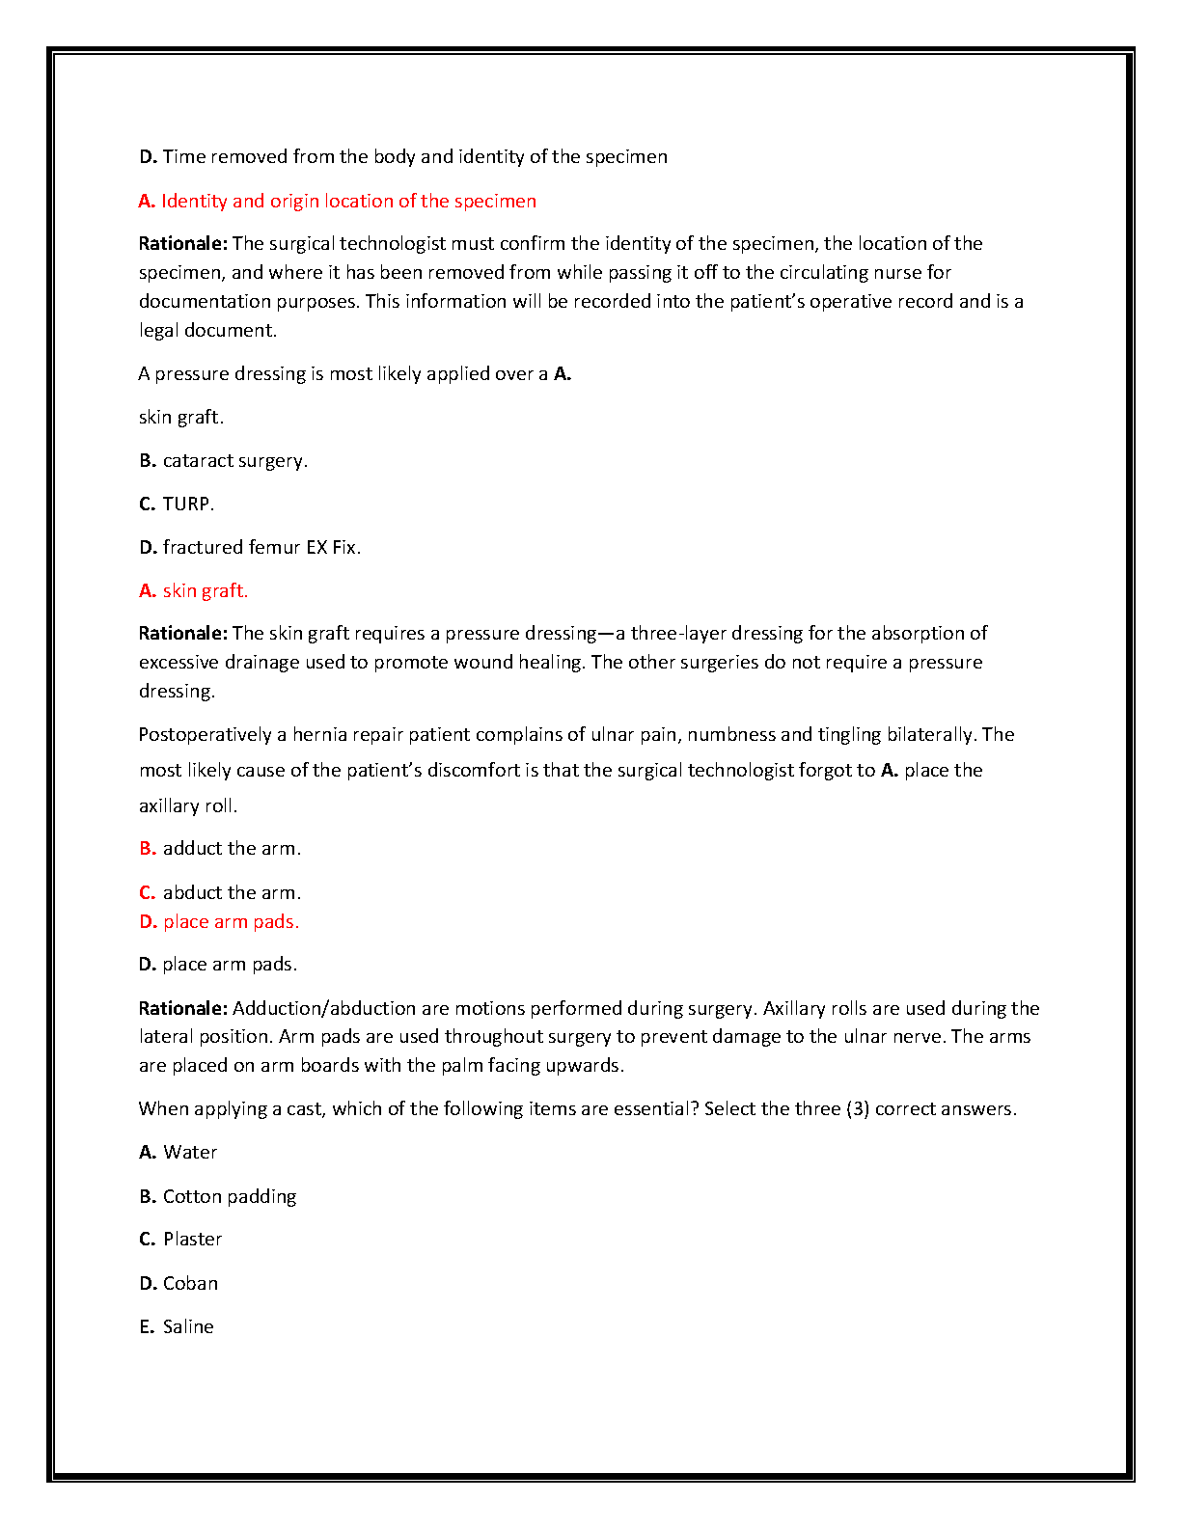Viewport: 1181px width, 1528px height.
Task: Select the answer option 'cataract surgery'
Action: tap(234, 461)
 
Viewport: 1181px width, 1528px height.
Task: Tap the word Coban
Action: tap(190, 1284)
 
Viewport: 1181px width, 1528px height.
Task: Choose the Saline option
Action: tap(188, 1327)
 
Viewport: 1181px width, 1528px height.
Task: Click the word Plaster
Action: tap(192, 1240)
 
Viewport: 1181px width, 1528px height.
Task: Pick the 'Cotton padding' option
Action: tap(229, 1197)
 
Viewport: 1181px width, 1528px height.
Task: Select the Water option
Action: tap(190, 1153)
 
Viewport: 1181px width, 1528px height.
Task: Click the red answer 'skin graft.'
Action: tap(205, 591)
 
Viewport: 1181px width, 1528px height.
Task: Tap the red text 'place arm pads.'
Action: tap(231, 922)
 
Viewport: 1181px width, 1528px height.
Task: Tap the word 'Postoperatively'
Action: tap(205, 735)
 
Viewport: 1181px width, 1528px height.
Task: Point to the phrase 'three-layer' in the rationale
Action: tap(676, 634)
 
